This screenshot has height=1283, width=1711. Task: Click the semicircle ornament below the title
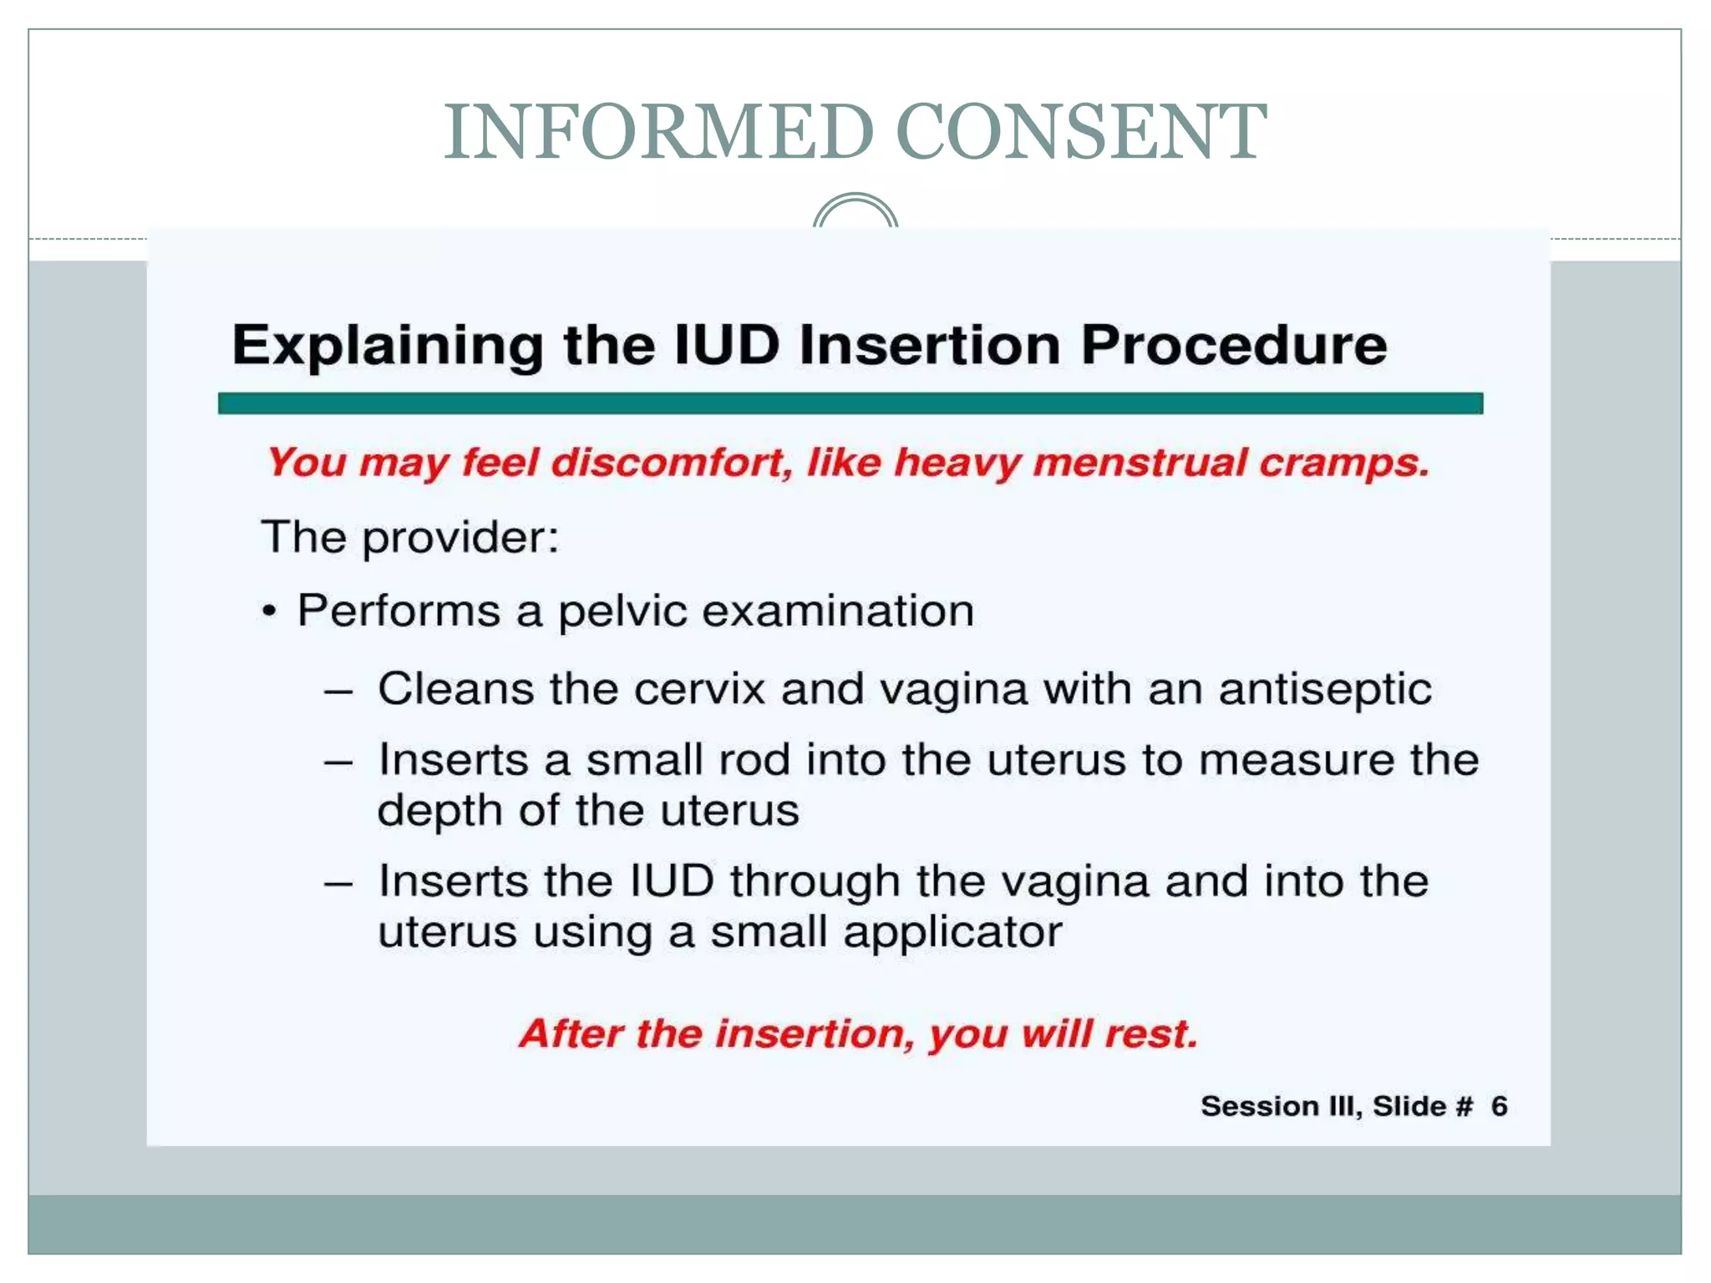pos(855,211)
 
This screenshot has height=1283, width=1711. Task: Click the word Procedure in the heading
pos(1233,344)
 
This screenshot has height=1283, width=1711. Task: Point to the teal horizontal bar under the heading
pos(850,403)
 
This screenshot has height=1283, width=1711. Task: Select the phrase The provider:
pos(409,536)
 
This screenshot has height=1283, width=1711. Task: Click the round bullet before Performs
pos(268,611)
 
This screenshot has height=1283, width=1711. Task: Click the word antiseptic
pos(1324,690)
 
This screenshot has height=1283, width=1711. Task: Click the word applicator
pos(952,932)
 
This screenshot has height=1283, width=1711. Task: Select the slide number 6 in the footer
pos(1499,1106)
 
